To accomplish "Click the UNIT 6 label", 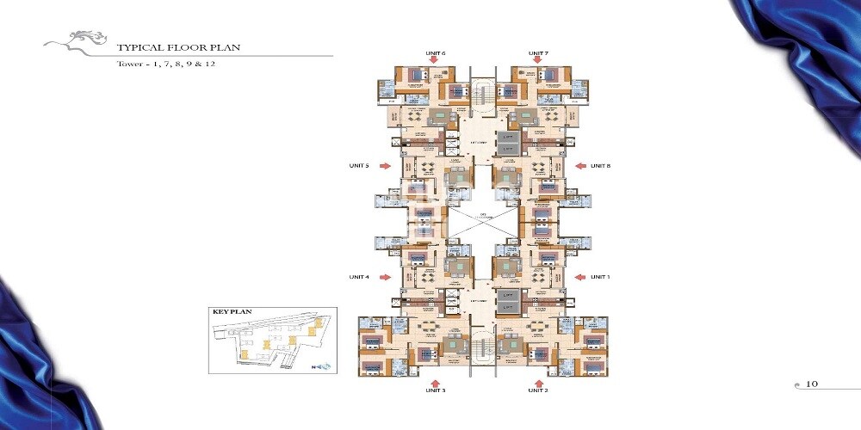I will tap(436, 53).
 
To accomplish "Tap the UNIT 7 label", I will tap(539, 53).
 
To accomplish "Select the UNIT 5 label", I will tap(359, 166).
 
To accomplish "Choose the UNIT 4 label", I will tap(359, 277).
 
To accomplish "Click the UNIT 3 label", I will tap(435, 390).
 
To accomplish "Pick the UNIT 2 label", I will tap(539, 390).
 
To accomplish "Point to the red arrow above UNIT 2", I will tap(539, 379).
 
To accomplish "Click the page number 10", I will tap(812, 384).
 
